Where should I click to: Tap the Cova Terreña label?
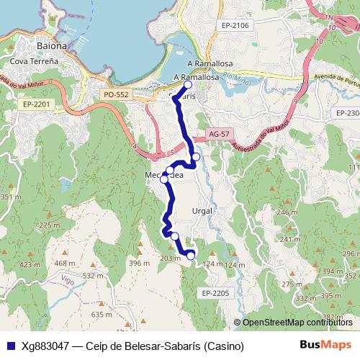click(x=32, y=63)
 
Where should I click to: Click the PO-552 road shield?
click(x=117, y=94)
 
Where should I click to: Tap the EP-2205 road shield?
click(x=215, y=293)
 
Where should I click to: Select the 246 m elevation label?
click(x=287, y=212)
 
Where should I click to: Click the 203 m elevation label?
click(x=169, y=258)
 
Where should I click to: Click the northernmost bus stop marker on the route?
click(x=188, y=84)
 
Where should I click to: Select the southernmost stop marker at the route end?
click(x=191, y=255)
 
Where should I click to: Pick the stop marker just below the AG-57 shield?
click(x=196, y=156)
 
